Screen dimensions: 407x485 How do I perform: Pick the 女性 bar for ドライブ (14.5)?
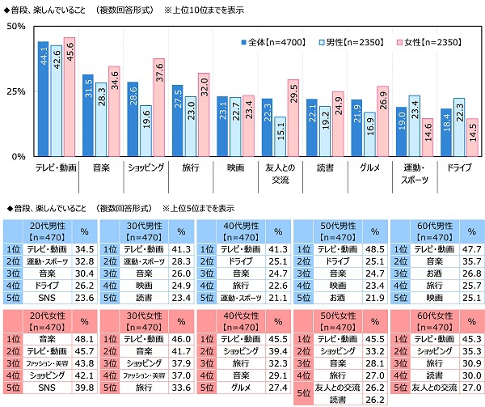point(472,137)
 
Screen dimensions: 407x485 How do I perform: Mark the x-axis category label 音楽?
point(101,167)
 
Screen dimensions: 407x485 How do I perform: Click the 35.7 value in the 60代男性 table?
point(470,262)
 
